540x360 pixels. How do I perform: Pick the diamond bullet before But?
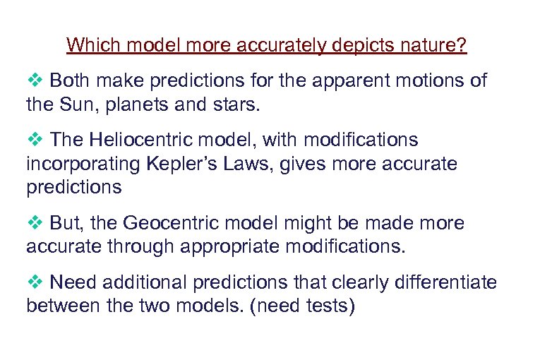click(35, 224)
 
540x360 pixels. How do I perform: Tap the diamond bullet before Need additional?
click(35, 283)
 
